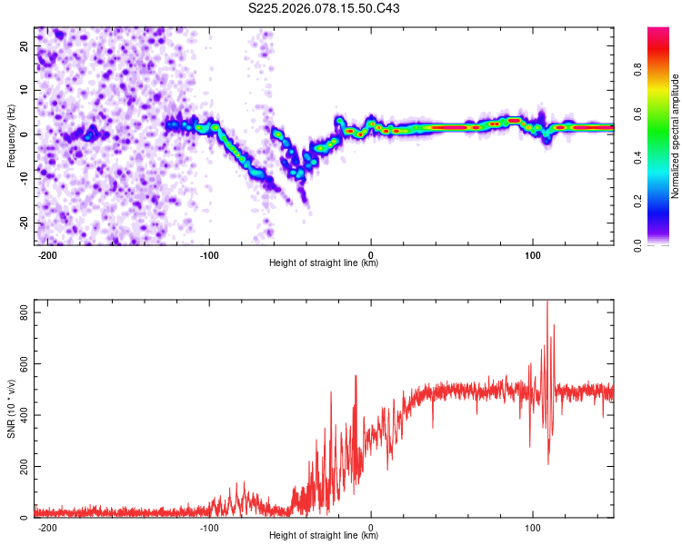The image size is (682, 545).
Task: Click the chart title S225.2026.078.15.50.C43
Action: (x=325, y=9)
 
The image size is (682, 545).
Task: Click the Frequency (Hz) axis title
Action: (x=11, y=136)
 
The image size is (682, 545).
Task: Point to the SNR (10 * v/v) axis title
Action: (x=11, y=409)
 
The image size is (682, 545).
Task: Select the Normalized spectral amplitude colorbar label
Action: (x=676, y=136)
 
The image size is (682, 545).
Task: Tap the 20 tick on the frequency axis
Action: (x=25, y=45)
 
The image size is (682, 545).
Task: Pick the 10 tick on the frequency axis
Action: (x=25, y=90)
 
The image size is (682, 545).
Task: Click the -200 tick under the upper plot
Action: (x=48, y=254)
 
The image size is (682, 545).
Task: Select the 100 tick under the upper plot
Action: (x=532, y=254)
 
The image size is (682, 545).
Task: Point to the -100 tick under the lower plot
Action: (x=209, y=527)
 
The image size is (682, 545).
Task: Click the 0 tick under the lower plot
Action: (x=371, y=527)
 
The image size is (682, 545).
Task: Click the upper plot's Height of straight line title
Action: (x=324, y=263)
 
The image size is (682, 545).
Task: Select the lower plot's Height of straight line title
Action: (x=324, y=536)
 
